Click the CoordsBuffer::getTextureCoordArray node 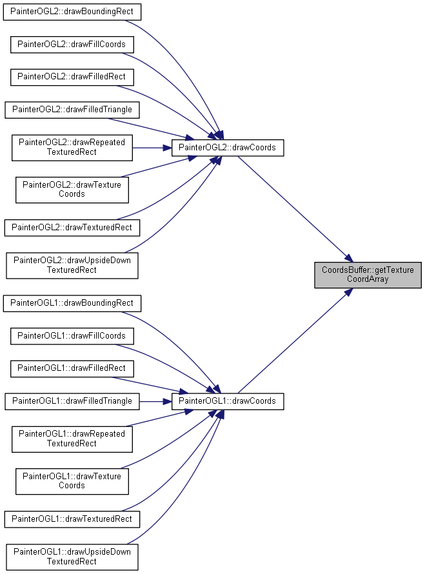click(x=368, y=275)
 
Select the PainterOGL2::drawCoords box click(x=228, y=148)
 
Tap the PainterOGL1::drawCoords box click(x=228, y=401)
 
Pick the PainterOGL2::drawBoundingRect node click(x=72, y=12)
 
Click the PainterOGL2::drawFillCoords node click(x=72, y=45)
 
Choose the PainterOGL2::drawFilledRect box click(x=72, y=77)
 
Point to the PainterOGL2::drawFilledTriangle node click(x=72, y=110)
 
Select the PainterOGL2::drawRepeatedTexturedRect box click(x=72, y=148)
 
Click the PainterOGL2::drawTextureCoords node click(x=72, y=190)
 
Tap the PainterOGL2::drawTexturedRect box click(x=72, y=228)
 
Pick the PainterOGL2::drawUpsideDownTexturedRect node click(x=72, y=266)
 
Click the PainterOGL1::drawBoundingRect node click(x=72, y=304)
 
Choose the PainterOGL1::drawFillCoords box click(x=72, y=336)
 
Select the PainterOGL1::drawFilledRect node click(x=72, y=369)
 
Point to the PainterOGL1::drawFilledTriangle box click(x=72, y=401)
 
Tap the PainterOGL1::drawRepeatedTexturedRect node click(x=72, y=439)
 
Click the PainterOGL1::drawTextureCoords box click(x=72, y=481)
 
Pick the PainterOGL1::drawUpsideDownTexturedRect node click(x=72, y=557)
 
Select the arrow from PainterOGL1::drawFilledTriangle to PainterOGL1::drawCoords click(x=155, y=402)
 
